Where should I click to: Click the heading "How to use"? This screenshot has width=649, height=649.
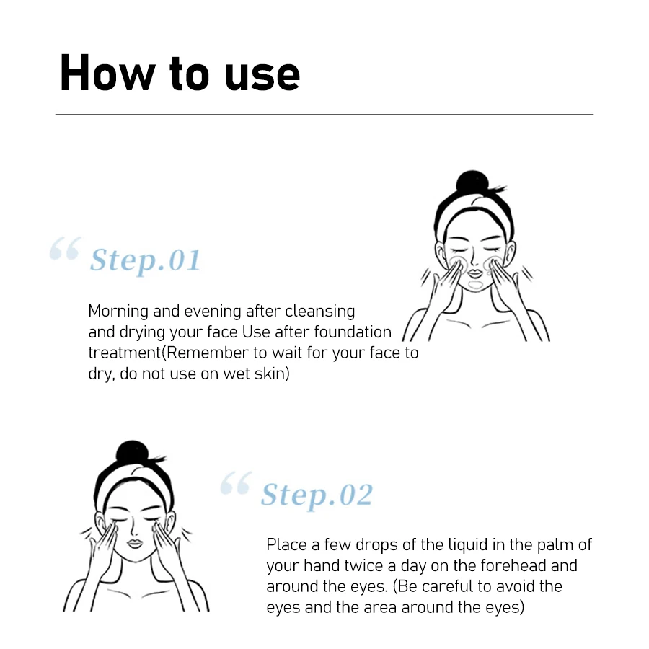180,73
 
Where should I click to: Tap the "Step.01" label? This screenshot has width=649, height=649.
145,260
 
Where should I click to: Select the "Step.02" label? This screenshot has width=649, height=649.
317,495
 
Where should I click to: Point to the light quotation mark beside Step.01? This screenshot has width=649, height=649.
64,250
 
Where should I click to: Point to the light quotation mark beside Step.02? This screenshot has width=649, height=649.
235,484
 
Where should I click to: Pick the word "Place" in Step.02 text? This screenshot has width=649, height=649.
286,544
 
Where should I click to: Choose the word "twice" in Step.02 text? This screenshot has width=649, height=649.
364,565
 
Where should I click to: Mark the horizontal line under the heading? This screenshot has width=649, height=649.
324,115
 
